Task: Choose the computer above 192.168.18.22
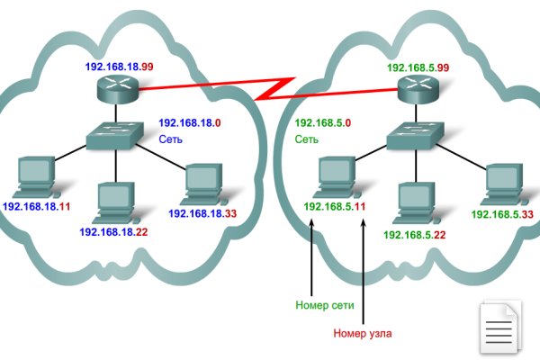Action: [x=114, y=200]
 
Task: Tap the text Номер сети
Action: [x=323, y=305]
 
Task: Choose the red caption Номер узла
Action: [x=363, y=333]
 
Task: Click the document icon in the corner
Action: [x=498, y=325]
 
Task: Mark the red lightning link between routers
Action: [x=271, y=90]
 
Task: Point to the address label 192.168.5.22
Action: [x=414, y=234]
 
